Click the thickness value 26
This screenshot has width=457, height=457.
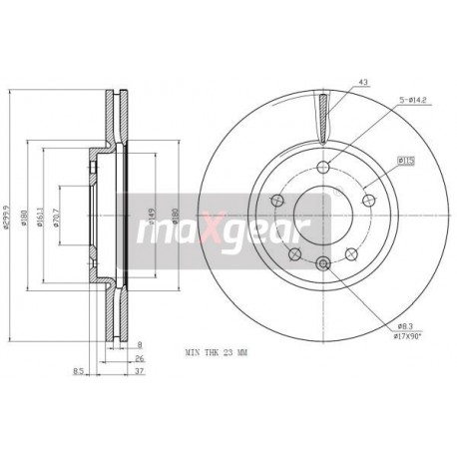click(x=141, y=360)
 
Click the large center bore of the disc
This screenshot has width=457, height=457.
click(x=322, y=215)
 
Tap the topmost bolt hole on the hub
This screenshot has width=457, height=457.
click(x=322, y=167)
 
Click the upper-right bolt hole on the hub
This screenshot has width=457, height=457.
click(x=368, y=200)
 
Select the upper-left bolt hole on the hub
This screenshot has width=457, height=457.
click(x=277, y=200)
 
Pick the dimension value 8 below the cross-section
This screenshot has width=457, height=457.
click(x=141, y=345)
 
